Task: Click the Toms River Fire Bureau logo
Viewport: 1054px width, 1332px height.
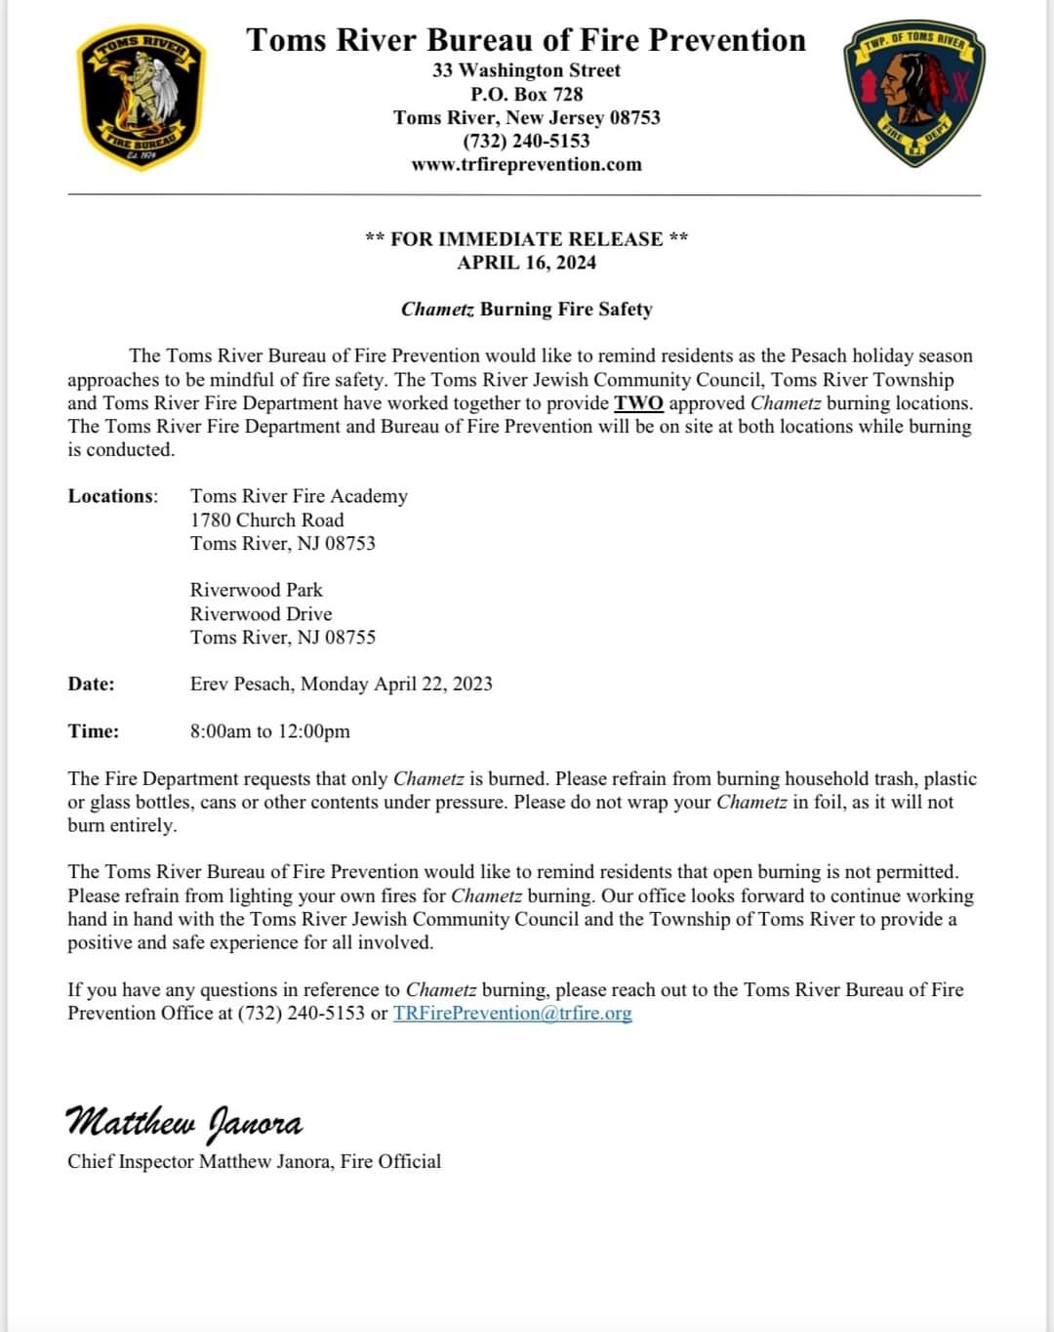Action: point(141,97)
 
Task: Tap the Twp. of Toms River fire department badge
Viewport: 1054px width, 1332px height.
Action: point(913,93)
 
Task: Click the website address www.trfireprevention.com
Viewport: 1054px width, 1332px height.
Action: point(526,164)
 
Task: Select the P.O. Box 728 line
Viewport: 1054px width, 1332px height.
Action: point(526,94)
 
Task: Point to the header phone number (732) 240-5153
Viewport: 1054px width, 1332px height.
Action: point(526,141)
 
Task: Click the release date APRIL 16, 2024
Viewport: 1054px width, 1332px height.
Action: point(526,262)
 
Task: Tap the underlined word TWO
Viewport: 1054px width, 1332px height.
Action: point(638,403)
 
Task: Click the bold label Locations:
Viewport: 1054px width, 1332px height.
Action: point(112,496)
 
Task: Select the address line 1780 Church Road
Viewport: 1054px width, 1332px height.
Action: point(266,520)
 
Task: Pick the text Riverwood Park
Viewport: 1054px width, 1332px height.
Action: point(256,590)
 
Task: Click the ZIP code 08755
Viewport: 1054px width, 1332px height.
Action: point(349,637)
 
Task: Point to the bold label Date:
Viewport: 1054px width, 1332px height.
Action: point(91,684)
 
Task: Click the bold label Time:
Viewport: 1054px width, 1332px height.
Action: point(93,730)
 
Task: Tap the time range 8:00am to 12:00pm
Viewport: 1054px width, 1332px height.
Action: point(269,730)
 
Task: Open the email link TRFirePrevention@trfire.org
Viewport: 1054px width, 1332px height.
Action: point(512,1013)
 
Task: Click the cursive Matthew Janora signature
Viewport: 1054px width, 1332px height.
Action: point(183,1122)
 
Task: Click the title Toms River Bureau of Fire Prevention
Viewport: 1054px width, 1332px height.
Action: point(526,40)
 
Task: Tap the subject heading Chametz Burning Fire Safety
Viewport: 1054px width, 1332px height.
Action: point(526,309)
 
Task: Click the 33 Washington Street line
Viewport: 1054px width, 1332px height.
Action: point(526,70)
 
